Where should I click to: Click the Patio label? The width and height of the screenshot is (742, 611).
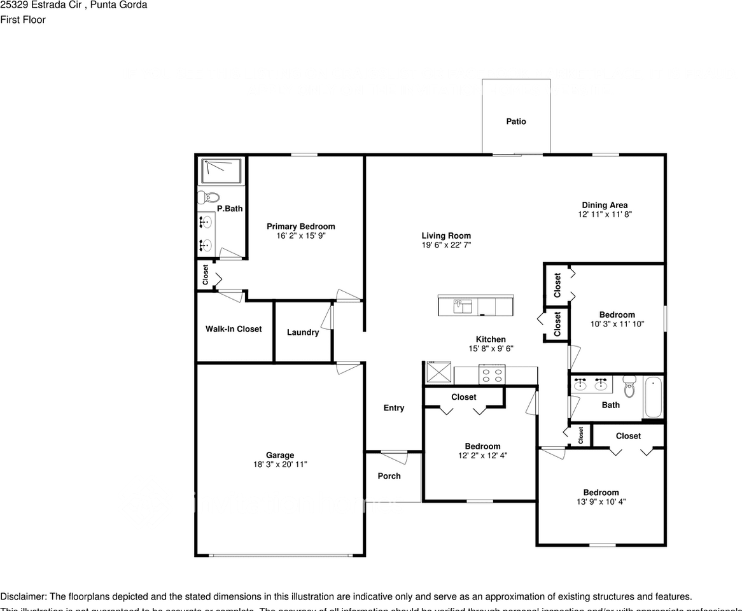pyautogui.click(x=516, y=122)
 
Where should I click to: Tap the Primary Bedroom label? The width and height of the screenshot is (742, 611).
pyautogui.click(x=300, y=227)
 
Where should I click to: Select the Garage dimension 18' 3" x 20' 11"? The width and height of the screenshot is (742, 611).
pyautogui.click(x=280, y=465)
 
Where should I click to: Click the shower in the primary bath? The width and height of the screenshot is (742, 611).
pyautogui.click(x=221, y=171)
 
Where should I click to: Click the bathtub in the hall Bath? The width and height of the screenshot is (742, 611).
pyautogui.click(x=653, y=397)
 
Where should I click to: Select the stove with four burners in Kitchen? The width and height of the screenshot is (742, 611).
pyautogui.click(x=492, y=375)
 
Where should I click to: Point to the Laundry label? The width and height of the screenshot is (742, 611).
pyautogui.click(x=303, y=332)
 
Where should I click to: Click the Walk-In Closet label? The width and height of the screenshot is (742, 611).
pyautogui.click(x=234, y=329)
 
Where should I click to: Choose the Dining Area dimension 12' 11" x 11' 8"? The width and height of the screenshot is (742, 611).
pyautogui.click(x=605, y=214)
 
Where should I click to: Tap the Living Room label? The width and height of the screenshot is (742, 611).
pyautogui.click(x=446, y=236)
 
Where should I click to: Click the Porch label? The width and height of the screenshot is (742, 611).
pyautogui.click(x=389, y=476)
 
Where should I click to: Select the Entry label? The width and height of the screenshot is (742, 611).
pyautogui.click(x=394, y=408)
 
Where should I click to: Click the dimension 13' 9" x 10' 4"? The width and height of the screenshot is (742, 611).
pyautogui.click(x=601, y=502)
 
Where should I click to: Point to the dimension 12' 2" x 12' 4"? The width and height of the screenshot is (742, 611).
pyautogui.click(x=482, y=455)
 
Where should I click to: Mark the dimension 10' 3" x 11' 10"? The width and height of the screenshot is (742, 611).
pyautogui.click(x=617, y=323)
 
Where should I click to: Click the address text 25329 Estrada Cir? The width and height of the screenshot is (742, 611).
pyautogui.click(x=41, y=5)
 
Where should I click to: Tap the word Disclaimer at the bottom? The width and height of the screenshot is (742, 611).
pyautogui.click(x=23, y=596)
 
